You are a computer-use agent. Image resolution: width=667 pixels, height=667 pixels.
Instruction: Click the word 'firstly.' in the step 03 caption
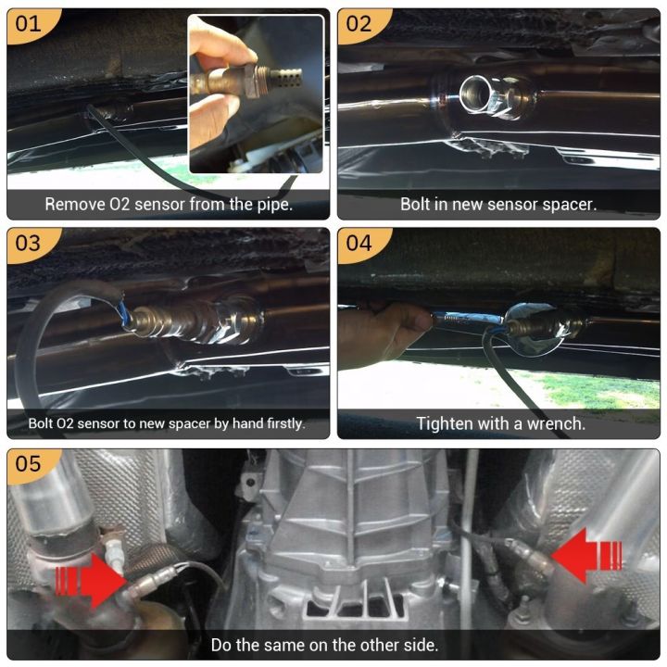click(278, 423)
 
